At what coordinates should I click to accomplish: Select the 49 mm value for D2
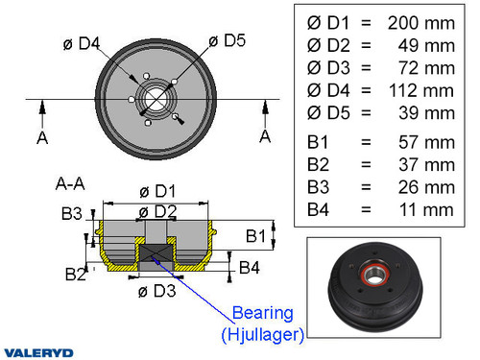[x=428, y=44]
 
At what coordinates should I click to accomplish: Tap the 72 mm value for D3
[x=428, y=67]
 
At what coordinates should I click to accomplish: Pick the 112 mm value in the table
[x=421, y=90]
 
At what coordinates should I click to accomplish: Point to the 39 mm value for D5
[x=428, y=113]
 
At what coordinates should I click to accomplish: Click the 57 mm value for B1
[x=428, y=141]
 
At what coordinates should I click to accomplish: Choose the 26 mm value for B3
[x=428, y=186]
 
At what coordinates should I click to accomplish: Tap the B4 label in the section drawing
[x=249, y=267]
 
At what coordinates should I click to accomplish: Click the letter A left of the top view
[x=42, y=138]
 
